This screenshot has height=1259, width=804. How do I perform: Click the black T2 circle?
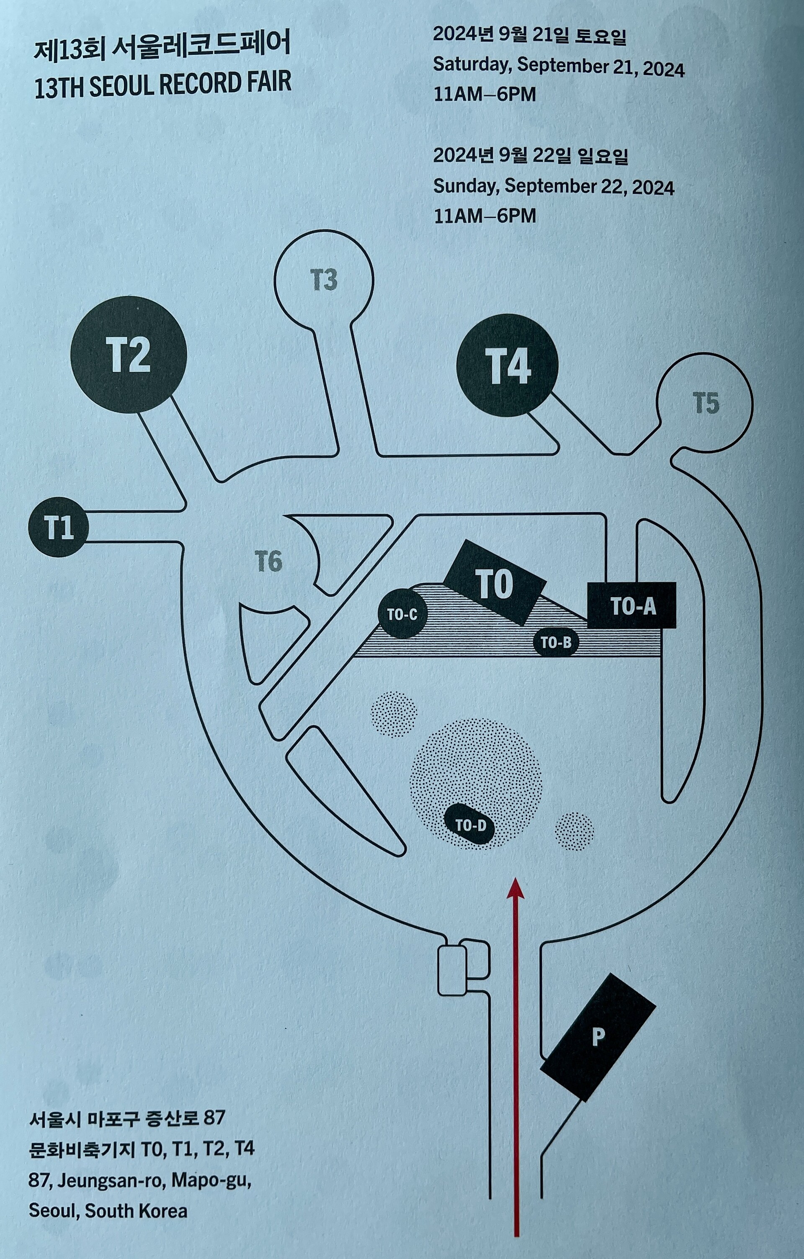click(x=129, y=354)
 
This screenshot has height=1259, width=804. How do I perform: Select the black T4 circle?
click(x=507, y=365)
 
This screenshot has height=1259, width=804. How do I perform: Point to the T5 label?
click(x=706, y=403)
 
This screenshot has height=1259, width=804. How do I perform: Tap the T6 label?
click(x=269, y=562)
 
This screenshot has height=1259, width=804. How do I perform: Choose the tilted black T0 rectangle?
click(x=494, y=582)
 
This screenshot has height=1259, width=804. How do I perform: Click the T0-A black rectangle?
click(x=632, y=605)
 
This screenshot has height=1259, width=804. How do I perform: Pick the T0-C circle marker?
click(x=402, y=614)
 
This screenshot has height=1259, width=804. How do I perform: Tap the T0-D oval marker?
click(x=470, y=826)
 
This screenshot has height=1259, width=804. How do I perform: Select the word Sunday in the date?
click(x=466, y=186)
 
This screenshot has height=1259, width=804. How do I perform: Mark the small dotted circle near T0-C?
click(x=394, y=714)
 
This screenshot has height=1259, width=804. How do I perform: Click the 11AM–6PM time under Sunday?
click(x=485, y=216)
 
